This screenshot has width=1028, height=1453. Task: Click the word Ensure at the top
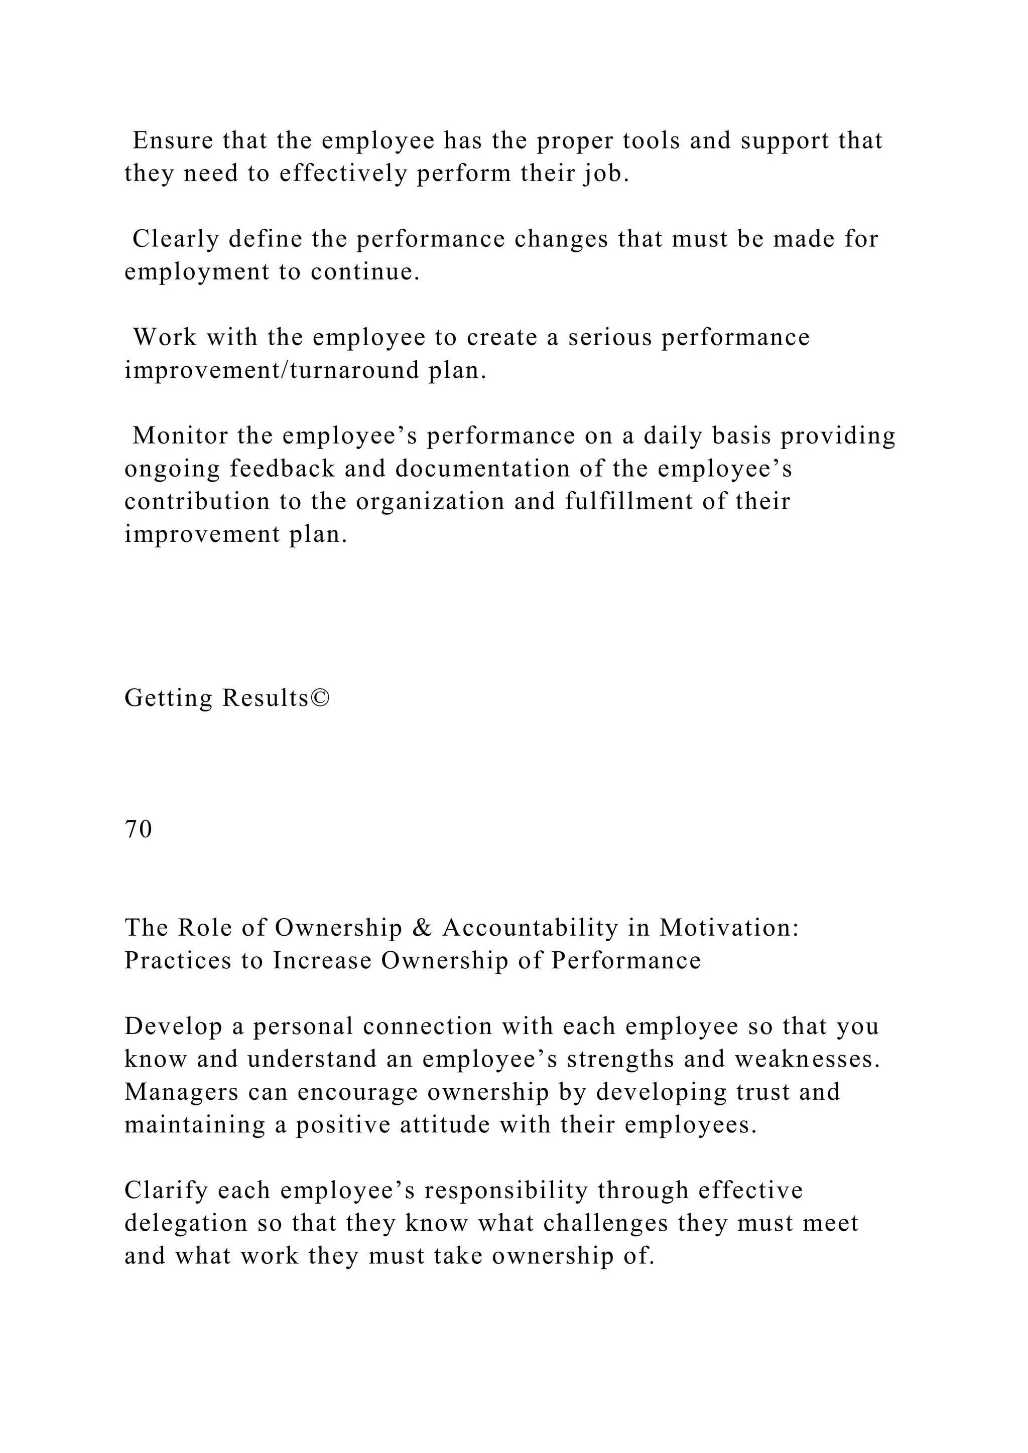click(173, 140)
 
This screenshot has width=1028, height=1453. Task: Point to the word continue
click(365, 272)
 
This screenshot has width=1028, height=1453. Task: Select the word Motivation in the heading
click(729, 928)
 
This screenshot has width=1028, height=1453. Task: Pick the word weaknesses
click(807, 1059)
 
